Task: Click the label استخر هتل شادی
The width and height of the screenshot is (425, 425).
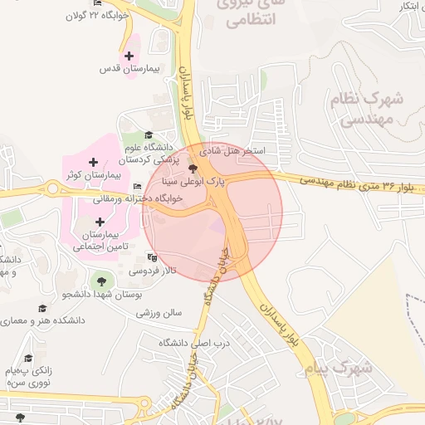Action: pos(235,153)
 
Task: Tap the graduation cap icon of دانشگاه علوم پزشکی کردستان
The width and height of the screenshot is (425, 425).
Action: pos(149,135)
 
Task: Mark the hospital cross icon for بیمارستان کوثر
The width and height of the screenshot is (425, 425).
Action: pos(94,161)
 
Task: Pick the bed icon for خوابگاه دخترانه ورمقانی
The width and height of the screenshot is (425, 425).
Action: pos(137,186)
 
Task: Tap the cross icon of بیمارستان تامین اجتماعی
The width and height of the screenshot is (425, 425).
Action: pos(100,222)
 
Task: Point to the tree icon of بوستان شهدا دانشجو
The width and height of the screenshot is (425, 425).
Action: pos(102,281)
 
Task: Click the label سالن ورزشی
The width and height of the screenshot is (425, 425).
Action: pos(159,312)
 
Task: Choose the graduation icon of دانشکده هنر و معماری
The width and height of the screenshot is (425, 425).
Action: pos(42,308)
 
